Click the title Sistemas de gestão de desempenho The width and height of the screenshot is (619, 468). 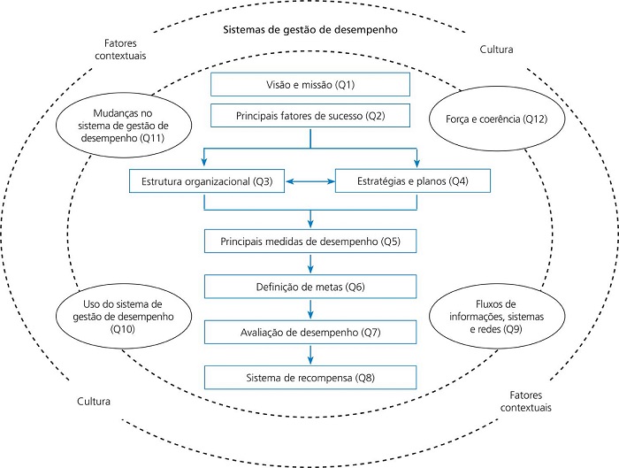[309, 30]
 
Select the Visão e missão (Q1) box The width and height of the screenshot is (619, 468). [310, 85]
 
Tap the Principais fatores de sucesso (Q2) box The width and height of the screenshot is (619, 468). [310, 115]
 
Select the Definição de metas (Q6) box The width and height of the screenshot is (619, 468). [310, 286]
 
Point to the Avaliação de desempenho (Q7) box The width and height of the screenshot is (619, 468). [310, 332]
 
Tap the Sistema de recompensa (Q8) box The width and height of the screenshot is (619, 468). [310, 378]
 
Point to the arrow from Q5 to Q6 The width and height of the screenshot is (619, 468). [310, 263]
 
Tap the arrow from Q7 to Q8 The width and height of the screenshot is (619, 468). [310, 355]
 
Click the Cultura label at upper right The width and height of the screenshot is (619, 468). [496, 50]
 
